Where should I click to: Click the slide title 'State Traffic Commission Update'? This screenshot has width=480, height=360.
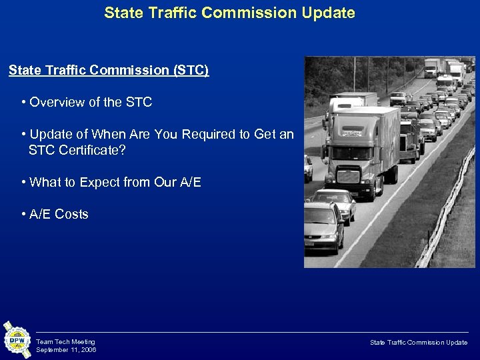pyautogui.click(x=229, y=13)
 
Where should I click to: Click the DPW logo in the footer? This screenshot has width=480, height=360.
pyautogui.click(x=17, y=340)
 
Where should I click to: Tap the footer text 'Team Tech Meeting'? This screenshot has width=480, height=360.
pyautogui.click(x=65, y=341)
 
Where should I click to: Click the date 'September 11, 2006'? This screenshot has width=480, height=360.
pyautogui.click(x=66, y=349)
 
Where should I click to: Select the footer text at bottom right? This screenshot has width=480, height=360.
pyautogui.click(x=419, y=342)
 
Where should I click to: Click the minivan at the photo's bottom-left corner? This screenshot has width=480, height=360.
pyautogui.click(x=322, y=227)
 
